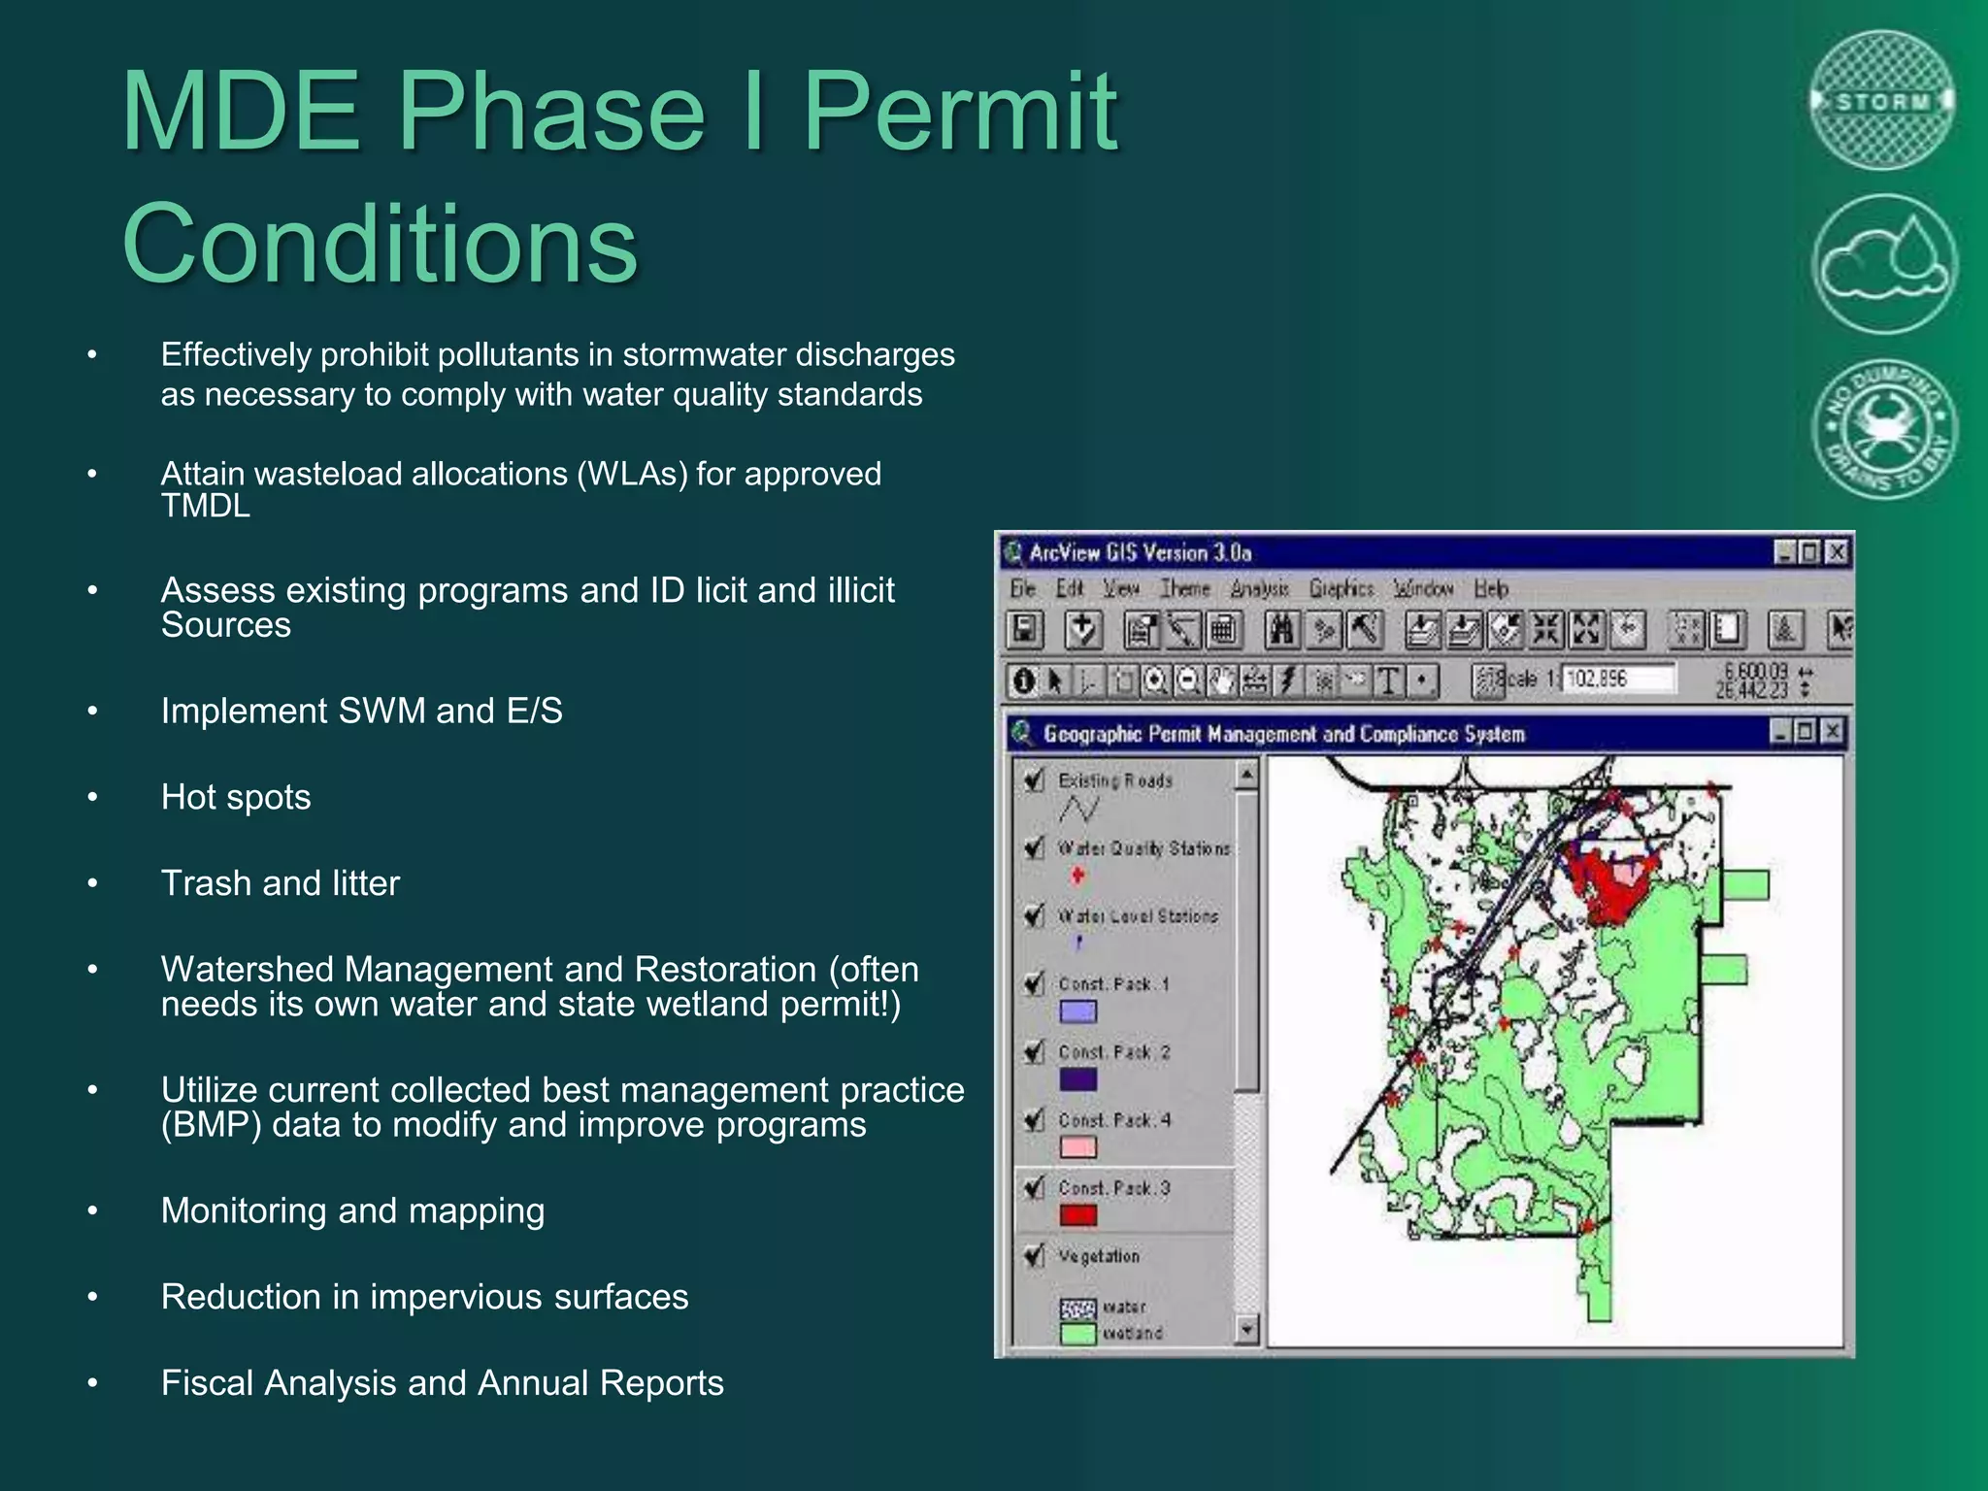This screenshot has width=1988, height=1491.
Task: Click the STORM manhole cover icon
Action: coord(1882,101)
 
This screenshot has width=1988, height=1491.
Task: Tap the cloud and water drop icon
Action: coord(1884,264)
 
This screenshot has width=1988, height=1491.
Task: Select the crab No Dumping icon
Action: coord(1884,428)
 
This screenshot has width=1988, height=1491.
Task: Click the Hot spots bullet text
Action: coord(236,797)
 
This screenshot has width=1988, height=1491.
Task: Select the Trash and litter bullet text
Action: coord(280,883)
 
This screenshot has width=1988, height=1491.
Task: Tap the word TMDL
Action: coord(205,506)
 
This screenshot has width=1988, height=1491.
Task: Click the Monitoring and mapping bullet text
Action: coord(352,1210)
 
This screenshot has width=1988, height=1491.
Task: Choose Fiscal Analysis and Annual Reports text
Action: coord(442,1382)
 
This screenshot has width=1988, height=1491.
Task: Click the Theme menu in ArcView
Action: coord(1184,588)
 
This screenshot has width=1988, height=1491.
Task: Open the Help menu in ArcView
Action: coord(1490,588)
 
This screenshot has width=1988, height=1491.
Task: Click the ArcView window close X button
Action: coord(1836,552)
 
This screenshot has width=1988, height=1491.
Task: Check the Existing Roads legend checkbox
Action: coord(1035,780)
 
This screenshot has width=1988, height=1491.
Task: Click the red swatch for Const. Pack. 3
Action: coord(1077,1215)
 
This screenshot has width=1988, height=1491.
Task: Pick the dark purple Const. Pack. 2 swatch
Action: coord(1077,1079)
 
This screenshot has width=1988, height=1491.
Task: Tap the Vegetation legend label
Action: coord(1098,1256)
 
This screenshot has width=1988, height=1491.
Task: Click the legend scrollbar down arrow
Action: coord(1247,1329)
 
